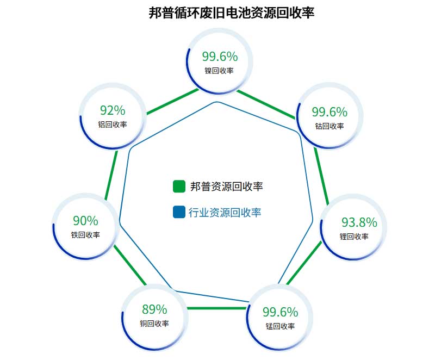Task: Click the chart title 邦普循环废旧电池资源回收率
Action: click(x=232, y=13)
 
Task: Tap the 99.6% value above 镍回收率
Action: click(x=220, y=57)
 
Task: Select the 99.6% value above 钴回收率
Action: click(x=330, y=112)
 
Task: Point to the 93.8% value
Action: click(x=359, y=222)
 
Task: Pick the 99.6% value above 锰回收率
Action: click(x=280, y=312)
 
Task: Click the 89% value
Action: click(x=154, y=309)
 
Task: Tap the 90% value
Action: click(x=85, y=221)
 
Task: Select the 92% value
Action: click(x=113, y=110)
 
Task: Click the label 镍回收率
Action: click(x=219, y=71)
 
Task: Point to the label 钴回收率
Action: click(x=330, y=126)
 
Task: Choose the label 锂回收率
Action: click(x=354, y=237)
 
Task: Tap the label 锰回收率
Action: click(x=280, y=326)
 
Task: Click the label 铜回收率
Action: click(x=154, y=324)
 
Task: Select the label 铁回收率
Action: click(x=85, y=235)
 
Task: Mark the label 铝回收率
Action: click(x=113, y=124)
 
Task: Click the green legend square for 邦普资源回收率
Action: click(x=179, y=187)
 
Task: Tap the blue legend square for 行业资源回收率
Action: click(x=179, y=212)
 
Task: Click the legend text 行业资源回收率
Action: click(x=225, y=213)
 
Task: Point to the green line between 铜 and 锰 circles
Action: click(x=217, y=308)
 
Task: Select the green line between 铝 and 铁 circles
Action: click(x=111, y=175)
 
